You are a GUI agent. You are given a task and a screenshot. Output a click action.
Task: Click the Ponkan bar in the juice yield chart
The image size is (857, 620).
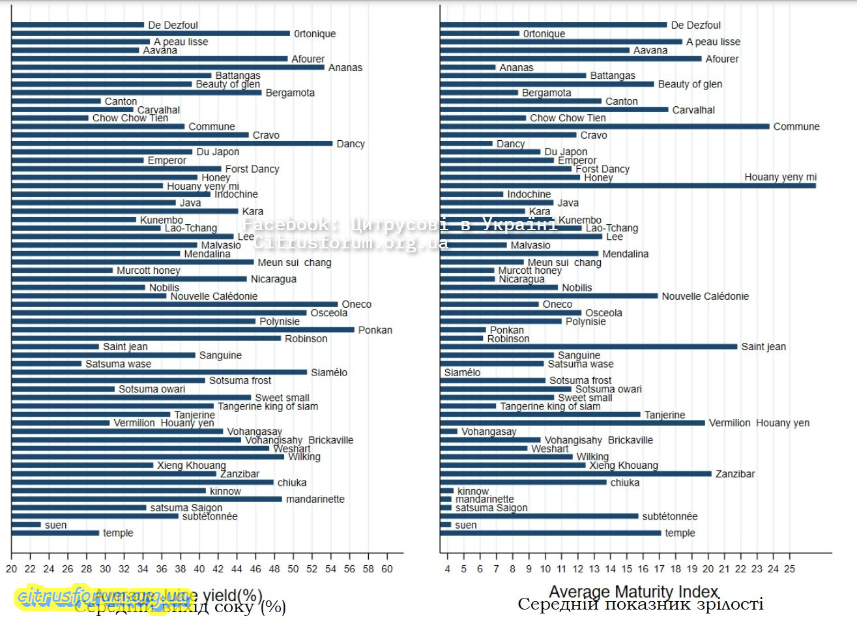182,330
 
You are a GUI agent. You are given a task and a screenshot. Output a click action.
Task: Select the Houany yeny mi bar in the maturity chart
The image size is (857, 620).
628,186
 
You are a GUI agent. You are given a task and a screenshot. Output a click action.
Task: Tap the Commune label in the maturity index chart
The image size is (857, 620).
796,126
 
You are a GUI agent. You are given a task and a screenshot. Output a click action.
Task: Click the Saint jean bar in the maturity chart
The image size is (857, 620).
588,347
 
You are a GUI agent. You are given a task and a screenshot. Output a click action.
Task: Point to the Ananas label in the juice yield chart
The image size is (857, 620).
345,68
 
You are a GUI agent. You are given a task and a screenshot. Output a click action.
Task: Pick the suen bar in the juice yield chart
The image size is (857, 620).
26,525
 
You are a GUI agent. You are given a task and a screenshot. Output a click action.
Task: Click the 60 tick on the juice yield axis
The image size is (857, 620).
387,568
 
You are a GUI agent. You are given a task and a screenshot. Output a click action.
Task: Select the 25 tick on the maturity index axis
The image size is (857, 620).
790,568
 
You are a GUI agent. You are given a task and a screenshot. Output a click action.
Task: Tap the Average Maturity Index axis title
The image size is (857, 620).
633,592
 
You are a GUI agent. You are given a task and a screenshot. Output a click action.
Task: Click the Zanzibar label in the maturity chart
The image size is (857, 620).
735,474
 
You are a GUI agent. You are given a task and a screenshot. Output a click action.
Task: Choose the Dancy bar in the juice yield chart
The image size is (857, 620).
172,143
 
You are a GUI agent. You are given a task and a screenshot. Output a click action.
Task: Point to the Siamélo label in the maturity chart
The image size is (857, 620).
462,373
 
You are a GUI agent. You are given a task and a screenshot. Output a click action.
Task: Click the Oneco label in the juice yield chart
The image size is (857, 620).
356,304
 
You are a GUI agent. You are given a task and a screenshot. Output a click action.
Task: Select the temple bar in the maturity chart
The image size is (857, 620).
551,533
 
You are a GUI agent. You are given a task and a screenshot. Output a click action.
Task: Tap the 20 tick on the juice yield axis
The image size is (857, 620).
12,568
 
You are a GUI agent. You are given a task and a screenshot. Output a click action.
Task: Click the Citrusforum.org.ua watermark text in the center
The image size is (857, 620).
351,243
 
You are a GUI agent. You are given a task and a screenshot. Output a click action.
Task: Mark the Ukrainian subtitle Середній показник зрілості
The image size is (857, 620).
640,604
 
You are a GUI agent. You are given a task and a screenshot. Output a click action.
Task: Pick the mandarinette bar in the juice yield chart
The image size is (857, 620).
147,499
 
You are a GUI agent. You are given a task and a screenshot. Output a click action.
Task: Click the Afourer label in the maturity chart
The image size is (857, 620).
722,59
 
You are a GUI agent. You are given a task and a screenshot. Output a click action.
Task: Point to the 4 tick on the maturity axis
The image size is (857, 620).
447,568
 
